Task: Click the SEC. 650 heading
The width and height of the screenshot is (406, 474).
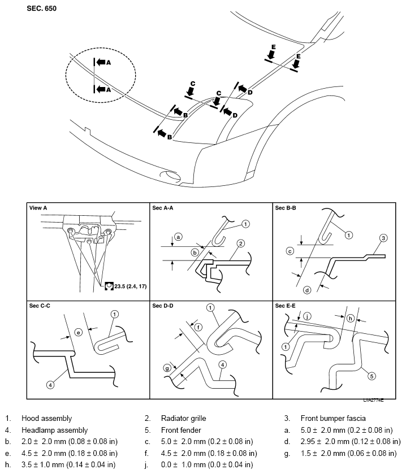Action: pyautogui.click(x=41, y=8)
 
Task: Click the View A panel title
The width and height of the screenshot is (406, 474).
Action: pyautogui.click(x=38, y=208)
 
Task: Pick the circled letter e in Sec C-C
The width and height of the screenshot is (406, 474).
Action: pyautogui.click(x=77, y=333)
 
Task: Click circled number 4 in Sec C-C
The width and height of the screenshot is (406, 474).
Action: pyautogui.click(x=50, y=385)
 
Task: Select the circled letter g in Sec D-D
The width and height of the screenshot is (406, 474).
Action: pyautogui.click(x=167, y=367)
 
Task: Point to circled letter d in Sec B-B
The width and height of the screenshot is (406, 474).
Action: pyautogui.click(x=306, y=290)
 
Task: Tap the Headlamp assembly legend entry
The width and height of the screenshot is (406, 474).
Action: pyautogui.click(x=54, y=430)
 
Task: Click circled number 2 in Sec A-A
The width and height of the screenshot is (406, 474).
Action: pyautogui.click(x=240, y=244)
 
